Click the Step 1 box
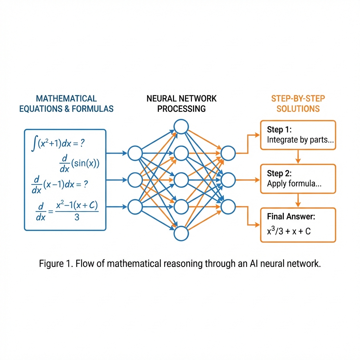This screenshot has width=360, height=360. coord(298,135)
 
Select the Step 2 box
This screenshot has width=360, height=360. coord(298,179)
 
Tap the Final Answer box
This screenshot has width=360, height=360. coord(298,225)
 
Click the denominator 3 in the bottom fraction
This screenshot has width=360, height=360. coord(77,218)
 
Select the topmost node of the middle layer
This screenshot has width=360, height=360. coord(181,127)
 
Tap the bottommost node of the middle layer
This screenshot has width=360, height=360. coord(181,234)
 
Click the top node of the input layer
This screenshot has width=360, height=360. coord(135,153)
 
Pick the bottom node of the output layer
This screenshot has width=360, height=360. coord(228,207)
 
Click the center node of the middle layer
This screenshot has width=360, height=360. coord(181,180)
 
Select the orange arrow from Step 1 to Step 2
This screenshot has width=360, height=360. coord(298,157)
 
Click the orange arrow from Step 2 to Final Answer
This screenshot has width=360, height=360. coord(298,201)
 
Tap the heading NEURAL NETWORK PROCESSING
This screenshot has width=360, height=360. coord(181,103)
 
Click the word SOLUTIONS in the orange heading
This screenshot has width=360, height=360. coord(298,109)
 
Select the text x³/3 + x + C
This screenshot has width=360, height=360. coord(289,231)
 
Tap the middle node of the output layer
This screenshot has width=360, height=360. coord(228,180)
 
